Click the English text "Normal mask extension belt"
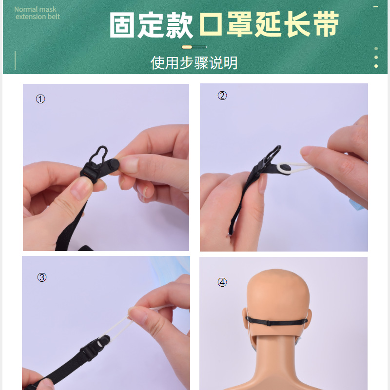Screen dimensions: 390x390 point(37,13)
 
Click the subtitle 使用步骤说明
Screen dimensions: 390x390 point(194,63)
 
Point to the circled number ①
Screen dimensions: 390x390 point(40,99)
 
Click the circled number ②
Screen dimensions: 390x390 point(222,96)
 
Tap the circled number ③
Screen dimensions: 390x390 point(42,277)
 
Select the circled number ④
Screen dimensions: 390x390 point(222,282)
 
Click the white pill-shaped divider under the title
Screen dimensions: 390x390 point(194,47)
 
